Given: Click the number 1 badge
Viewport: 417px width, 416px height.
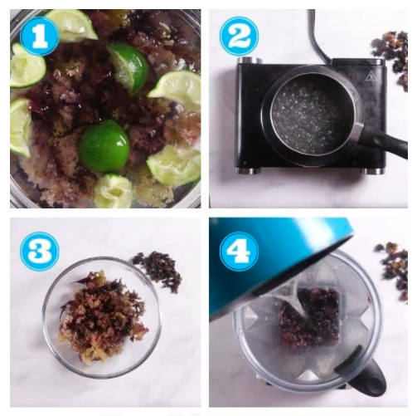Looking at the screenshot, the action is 40,37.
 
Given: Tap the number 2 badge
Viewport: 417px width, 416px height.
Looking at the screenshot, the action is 240,37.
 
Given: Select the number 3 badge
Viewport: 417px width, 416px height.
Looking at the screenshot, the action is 40,252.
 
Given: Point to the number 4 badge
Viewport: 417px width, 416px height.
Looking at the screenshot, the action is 240,252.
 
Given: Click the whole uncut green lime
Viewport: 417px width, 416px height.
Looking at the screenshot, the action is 104,146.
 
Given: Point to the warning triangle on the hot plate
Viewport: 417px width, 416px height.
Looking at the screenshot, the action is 371,76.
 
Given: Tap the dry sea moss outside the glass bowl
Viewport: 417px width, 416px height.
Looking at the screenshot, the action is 158,271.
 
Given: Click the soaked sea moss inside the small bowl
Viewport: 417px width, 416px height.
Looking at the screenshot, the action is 102,316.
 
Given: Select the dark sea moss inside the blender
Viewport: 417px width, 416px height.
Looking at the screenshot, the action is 309,318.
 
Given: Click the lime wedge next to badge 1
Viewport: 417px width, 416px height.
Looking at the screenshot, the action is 73,24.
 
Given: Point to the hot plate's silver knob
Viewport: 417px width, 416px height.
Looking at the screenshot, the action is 250,60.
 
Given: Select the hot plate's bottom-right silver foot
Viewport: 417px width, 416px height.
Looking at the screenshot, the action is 373,171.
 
